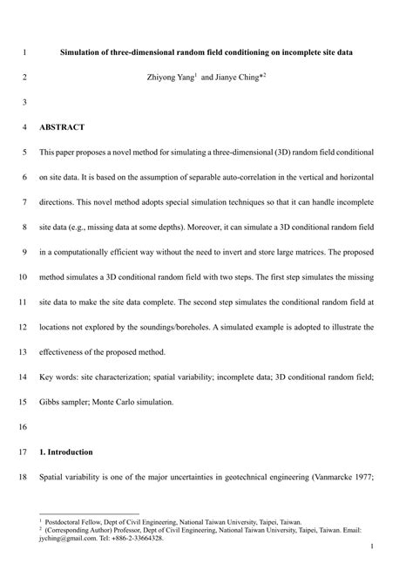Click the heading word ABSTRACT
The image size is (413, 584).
62,127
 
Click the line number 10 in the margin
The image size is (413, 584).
23,277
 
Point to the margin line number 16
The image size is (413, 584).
23,427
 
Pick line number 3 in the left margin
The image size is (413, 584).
24,102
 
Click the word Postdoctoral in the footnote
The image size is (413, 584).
71,522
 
